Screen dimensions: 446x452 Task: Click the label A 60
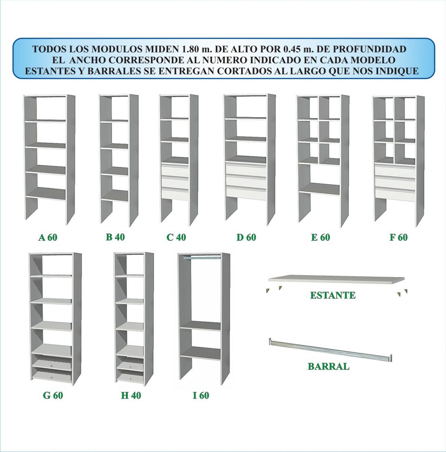pos(48,237)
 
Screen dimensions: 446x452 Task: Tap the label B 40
pos(115,237)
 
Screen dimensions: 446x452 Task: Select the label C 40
pos(176,237)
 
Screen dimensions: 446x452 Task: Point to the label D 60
pos(246,237)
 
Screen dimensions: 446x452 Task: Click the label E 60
pos(321,237)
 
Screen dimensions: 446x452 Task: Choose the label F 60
pos(399,237)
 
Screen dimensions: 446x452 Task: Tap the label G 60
pos(53,395)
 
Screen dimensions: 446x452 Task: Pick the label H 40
pos(131,395)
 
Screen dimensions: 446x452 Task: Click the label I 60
pos(201,395)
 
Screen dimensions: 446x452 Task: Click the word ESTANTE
pos(333,295)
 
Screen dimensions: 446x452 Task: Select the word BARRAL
pos(328,366)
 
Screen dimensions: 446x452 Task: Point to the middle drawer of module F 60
pos(395,182)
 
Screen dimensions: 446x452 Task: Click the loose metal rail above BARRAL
pos(330,350)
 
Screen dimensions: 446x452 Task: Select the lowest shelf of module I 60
pos(200,352)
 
